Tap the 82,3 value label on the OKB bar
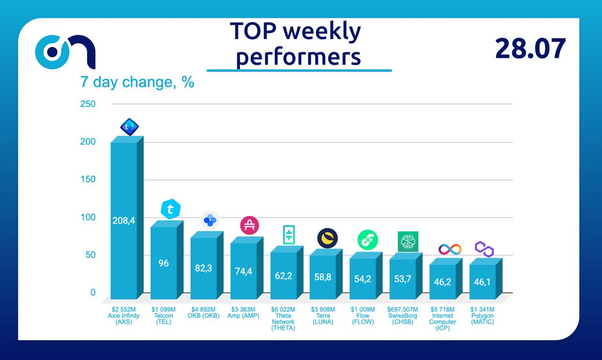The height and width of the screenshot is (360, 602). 204,268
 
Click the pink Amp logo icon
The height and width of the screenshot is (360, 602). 250,225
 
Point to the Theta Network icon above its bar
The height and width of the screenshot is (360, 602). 288,235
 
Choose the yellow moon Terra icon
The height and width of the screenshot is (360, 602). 327,238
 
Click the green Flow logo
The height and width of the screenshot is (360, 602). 367,240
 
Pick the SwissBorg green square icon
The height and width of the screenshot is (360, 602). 408,241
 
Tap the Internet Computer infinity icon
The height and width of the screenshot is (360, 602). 450,249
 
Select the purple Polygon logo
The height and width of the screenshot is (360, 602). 484,249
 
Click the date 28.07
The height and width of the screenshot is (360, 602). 530,48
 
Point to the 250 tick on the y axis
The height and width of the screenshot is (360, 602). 88,104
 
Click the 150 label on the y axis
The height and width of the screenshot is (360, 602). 88,180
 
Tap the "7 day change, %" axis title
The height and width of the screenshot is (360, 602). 137,82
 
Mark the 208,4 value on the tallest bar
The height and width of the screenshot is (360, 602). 124,220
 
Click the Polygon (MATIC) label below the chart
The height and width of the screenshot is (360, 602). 483,319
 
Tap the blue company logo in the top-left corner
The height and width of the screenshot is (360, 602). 66,52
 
